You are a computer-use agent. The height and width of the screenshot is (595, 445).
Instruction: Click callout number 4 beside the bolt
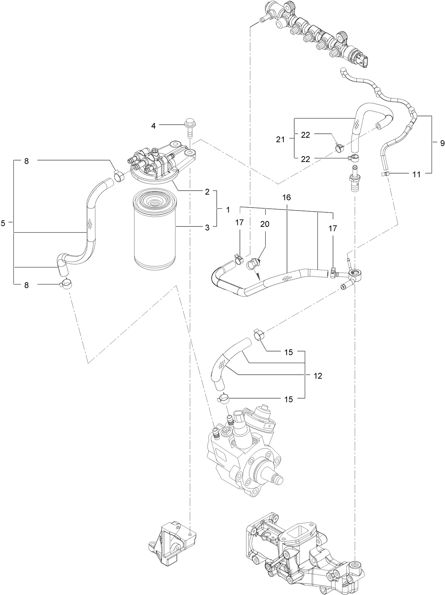(153, 126)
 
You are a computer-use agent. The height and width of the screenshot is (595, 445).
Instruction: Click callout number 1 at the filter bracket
(228, 209)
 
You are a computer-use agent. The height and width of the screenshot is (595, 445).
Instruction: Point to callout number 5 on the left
(3, 223)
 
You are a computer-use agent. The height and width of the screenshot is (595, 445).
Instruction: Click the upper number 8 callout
(26, 161)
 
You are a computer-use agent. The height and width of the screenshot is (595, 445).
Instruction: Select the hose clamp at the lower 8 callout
(66, 284)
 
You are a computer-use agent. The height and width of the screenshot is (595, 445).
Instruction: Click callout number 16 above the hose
(286, 197)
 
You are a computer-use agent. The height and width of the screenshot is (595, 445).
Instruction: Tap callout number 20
(265, 224)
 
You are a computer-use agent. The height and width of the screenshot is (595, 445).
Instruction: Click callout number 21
(280, 139)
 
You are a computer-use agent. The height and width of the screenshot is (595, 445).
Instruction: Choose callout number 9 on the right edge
(442, 143)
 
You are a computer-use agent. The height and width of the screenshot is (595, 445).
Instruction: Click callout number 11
(417, 174)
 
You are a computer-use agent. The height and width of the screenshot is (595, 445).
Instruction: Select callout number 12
(317, 376)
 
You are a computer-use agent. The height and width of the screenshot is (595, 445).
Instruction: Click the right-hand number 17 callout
(332, 228)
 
